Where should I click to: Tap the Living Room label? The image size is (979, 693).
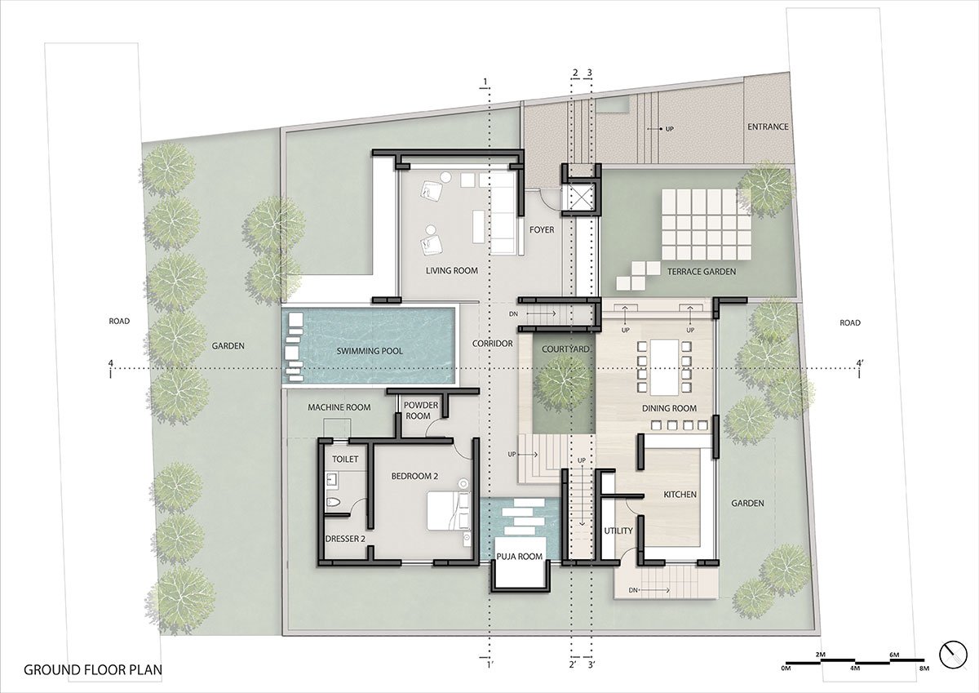click(x=451, y=270)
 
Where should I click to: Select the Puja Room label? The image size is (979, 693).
click(x=519, y=557)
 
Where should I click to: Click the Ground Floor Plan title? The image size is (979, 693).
click(x=93, y=670)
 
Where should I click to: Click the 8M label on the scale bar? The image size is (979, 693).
click(x=924, y=669)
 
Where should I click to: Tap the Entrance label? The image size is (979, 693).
click(x=768, y=127)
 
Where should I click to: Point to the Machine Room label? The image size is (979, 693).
click(x=339, y=406)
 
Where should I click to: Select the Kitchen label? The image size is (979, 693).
click(x=679, y=495)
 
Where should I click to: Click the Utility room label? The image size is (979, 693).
click(x=618, y=531)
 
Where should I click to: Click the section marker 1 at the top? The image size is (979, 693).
click(x=486, y=81)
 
